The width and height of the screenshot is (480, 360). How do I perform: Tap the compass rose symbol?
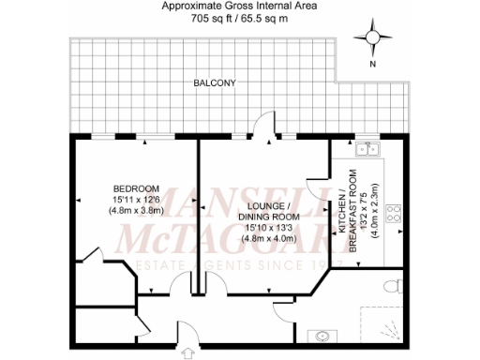click(373, 37)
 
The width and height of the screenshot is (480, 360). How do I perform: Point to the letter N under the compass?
click(373, 65)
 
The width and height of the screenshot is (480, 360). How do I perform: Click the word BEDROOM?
click(130, 187)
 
